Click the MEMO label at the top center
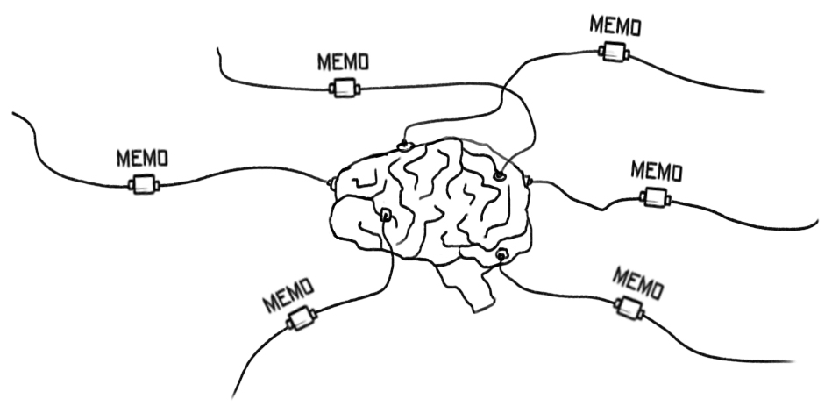pyautogui.click(x=342, y=61)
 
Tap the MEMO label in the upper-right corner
pyautogui.click(x=615, y=25)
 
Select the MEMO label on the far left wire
pyautogui.click(x=142, y=159)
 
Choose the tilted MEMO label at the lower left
pyautogui.click(x=288, y=296)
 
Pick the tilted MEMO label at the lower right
pyautogui.click(x=637, y=282)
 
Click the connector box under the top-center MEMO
pyautogui.click(x=344, y=88)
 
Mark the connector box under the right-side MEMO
pyautogui.click(x=655, y=197)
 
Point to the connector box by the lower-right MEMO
pyautogui.click(x=628, y=307)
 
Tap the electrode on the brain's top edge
pyautogui.click(x=403, y=145)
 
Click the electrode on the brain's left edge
pyautogui.click(x=331, y=182)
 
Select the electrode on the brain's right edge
pyautogui.click(x=530, y=181)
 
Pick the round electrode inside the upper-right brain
pyautogui.click(x=499, y=176)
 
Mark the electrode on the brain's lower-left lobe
pyautogui.click(x=385, y=215)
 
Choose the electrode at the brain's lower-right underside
pyautogui.click(x=501, y=255)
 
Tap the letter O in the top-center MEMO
pyautogui.click(x=361, y=62)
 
